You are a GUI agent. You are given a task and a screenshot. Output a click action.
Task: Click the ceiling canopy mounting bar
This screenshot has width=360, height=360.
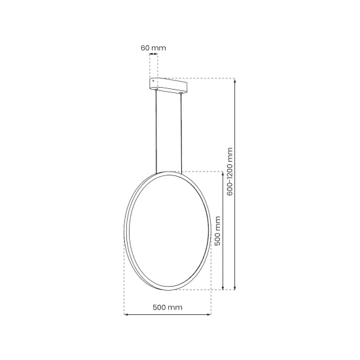(x=169, y=85)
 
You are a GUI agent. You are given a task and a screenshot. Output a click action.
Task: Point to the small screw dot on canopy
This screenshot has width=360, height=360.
(x=154, y=81)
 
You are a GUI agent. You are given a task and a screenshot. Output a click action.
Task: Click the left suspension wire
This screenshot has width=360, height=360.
(x=156, y=131)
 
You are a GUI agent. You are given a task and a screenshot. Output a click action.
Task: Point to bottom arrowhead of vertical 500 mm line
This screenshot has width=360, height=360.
(x=225, y=288)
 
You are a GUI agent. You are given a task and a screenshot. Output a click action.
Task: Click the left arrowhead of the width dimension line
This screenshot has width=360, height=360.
(x=126, y=315)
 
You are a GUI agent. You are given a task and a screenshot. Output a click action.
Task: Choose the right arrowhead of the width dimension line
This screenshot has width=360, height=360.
(x=210, y=315)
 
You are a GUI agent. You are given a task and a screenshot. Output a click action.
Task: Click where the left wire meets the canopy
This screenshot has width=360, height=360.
(x=156, y=93)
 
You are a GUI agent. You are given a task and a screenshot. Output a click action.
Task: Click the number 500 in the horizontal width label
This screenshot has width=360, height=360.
(x=160, y=308)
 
